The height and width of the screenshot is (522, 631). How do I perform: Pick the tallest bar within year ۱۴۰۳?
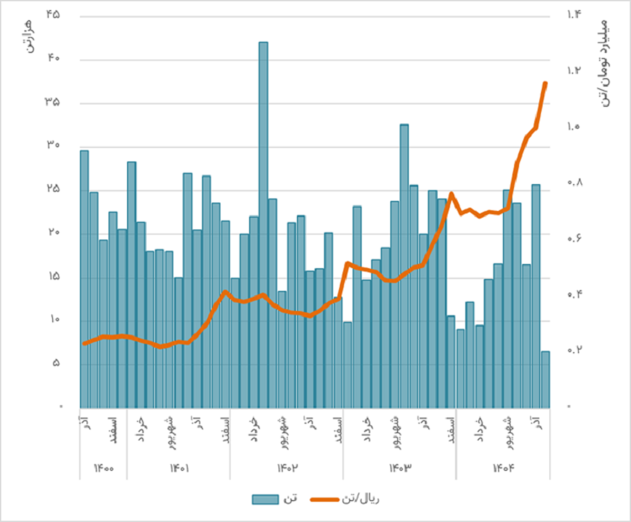(405, 265)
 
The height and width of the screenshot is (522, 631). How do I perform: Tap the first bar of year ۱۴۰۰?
(84, 277)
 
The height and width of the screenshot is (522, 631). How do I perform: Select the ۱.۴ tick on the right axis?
(574, 15)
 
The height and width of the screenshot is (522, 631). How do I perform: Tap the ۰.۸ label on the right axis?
(574, 182)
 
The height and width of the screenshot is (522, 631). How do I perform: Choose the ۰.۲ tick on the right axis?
(574, 350)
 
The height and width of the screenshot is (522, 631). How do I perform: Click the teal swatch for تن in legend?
(265, 498)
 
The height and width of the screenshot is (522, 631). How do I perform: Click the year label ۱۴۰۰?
(103, 467)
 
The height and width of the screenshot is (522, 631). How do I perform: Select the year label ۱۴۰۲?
(287, 467)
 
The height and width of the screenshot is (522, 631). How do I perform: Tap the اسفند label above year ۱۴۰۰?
(113, 426)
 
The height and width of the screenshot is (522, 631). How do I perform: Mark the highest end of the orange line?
(545, 83)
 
